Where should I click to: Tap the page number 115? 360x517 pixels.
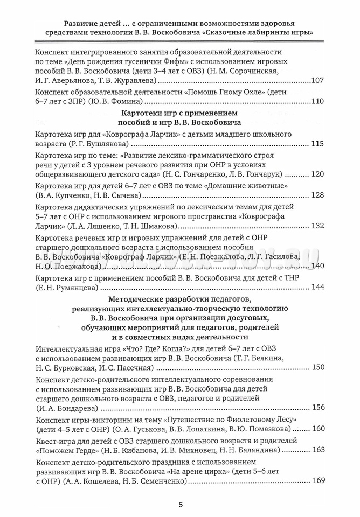pos(317,144)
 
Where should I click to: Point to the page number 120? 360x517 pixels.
pos(317,174)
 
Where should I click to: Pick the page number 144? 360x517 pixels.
pos(317,286)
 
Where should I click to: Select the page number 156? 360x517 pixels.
pos(317,407)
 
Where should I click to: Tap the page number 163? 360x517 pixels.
pos(317,449)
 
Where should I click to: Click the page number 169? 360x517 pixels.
pos(317,480)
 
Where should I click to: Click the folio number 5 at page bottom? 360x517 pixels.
pos(181,504)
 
